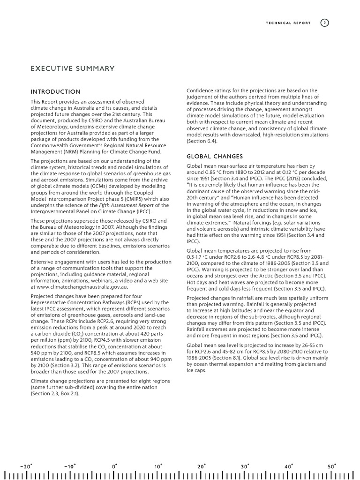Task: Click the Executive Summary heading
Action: click(72, 69)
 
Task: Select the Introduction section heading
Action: click(55, 91)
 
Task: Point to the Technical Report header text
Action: click(288, 23)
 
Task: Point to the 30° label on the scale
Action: click(245, 466)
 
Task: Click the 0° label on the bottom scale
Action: click(115, 466)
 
